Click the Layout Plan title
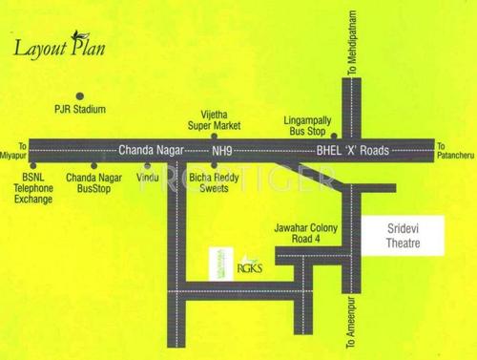pos(59,49)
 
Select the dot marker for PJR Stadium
pos(80,95)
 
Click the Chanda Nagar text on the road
pos(148,150)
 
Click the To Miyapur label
pos(13,150)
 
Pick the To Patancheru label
pos(455,151)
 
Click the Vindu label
pos(149,179)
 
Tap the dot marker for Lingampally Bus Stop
pos(334,137)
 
